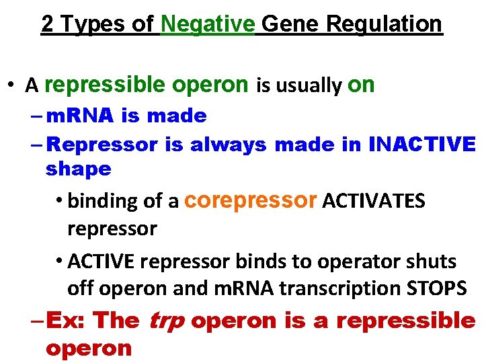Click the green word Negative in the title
(208, 24)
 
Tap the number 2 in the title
(48, 24)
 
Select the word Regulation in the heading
(385, 24)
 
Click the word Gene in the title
(291, 24)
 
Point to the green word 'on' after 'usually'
(361, 85)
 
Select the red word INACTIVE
(422, 144)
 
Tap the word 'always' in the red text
(228, 144)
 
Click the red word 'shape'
(78, 169)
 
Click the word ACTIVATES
(374, 201)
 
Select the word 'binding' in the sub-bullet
(99, 202)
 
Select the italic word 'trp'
(165, 321)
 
